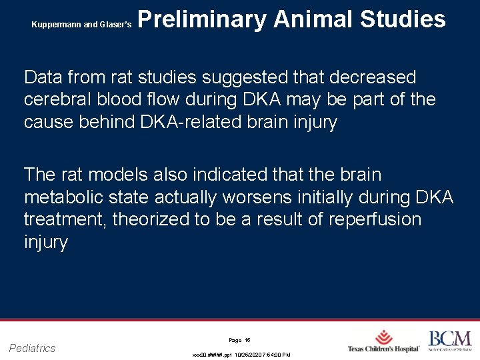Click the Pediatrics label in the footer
pyautogui.click(x=33, y=348)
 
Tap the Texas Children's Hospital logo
pyautogui.click(x=383, y=341)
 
